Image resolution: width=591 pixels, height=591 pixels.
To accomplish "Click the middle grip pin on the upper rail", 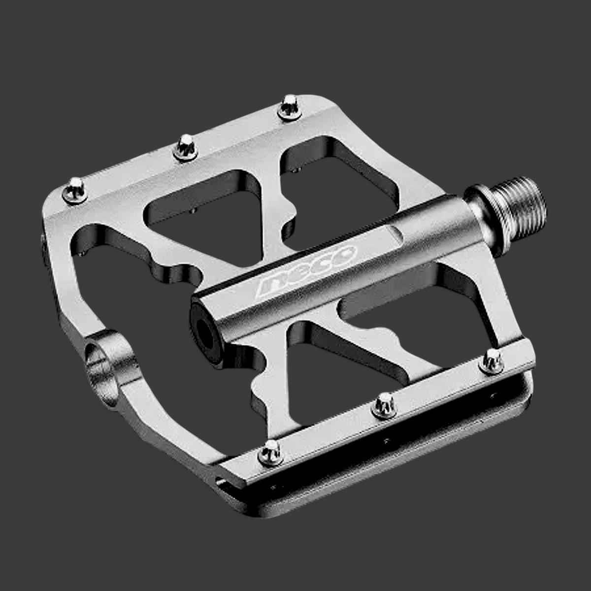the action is point(185,148).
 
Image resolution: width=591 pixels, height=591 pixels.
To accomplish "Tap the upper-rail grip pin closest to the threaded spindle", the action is point(289,107).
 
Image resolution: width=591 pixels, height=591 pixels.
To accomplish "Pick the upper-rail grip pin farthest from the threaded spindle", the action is point(75,191).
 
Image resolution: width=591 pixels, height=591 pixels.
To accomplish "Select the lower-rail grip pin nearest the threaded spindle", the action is point(492,361).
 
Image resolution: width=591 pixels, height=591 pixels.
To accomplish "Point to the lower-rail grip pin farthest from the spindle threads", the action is point(270,454).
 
